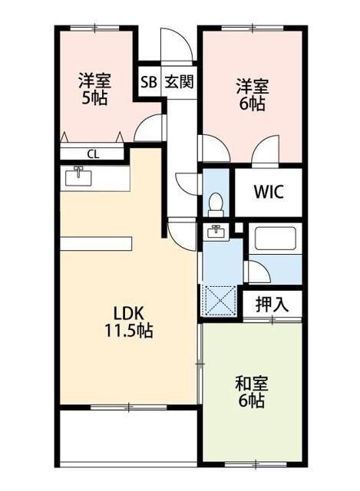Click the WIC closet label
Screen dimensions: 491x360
[x=268, y=192]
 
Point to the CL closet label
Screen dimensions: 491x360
[x=92, y=153]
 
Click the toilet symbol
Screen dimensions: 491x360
[x=216, y=204]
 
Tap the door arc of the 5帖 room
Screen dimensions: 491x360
[x=151, y=127]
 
